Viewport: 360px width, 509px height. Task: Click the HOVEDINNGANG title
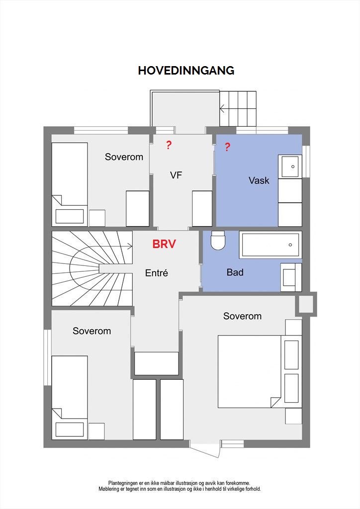click(186, 71)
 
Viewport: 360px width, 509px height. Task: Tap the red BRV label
click(164, 244)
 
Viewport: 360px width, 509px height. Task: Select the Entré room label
click(157, 273)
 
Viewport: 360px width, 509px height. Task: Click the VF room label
click(176, 175)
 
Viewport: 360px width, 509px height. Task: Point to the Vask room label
click(259, 180)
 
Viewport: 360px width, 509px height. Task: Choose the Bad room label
click(235, 272)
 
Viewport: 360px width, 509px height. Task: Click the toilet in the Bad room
click(217, 240)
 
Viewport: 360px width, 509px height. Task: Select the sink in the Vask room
click(290, 167)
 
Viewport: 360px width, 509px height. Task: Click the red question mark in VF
click(169, 145)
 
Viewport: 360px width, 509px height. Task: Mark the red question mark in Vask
click(227, 147)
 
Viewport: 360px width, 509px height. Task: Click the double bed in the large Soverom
click(249, 371)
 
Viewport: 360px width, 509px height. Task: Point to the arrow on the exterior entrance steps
click(223, 108)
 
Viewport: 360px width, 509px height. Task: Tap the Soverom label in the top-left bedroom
click(124, 157)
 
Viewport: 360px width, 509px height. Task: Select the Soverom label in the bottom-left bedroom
click(92, 331)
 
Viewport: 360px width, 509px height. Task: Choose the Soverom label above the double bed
click(243, 316)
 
